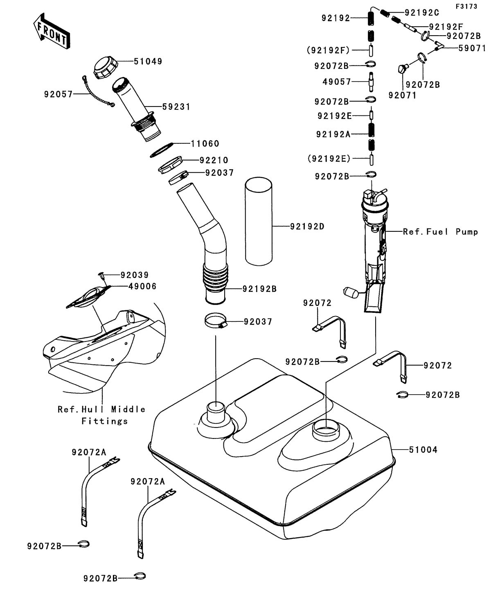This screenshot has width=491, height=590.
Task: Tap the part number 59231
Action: pyautogui.click(x=176, y=107)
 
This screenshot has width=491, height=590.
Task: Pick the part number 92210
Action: pyautogui.click(x=214, y=160)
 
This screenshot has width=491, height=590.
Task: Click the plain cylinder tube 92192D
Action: pyautogui.click(x=259, y=226)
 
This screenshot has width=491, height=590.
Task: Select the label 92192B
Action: pyautogui.click(x=260, y=289)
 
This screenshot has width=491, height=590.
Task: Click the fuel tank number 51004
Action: pyautogui.click(x=423, y=450)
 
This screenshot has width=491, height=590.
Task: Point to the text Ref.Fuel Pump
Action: pyautogui.click(x=440, y=232)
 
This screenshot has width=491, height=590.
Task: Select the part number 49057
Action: pyautogui.click(x=337, y=82)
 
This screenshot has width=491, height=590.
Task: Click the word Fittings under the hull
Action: pyautogui.click(x=104, y=421)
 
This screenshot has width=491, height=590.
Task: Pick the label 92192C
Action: pyautogui.click(x=422, y=12)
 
